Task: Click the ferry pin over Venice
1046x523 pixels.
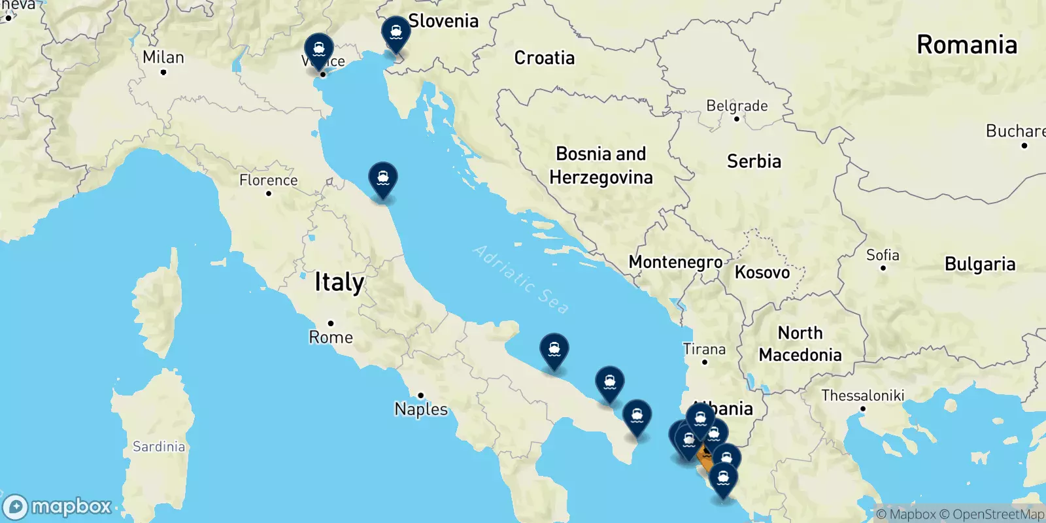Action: point(318,50)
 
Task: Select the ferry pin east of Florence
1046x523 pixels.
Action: point(383,178)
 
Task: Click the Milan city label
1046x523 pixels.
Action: point(163,58)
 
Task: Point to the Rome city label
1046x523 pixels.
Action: point(331,337)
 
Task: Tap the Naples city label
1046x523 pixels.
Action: point(421,409)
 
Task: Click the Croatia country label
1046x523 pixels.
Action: point(545,58)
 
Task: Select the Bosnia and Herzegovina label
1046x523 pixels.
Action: point(601,165)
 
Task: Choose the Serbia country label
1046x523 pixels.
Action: point(754,161)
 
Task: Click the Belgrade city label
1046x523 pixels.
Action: point(737,106)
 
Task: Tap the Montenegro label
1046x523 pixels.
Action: point(675,262)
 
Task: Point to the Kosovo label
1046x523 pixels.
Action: point(762,273)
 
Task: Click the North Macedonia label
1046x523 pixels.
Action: point(800,344)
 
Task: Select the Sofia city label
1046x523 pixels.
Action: point(883,255)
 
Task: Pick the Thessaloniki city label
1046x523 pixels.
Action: point(862,396)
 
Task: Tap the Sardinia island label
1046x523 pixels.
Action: point(159,447)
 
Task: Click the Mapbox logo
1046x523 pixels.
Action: point(58,507)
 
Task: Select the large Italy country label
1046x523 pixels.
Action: point(339,282)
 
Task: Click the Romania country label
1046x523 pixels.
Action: point(967,45)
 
